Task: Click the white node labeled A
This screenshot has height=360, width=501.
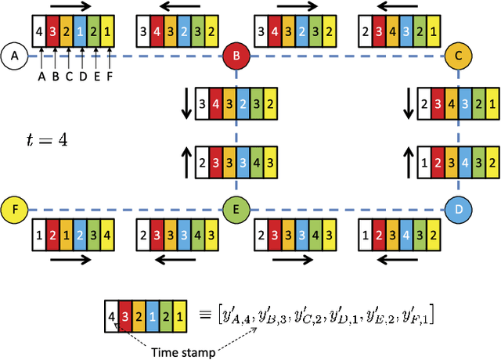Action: pyautogui.click(x=13, y=56)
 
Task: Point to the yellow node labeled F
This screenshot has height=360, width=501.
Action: pyautogui.click(x=13, y=209)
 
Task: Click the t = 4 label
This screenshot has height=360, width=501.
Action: pyautogui.click(x=46, y=140)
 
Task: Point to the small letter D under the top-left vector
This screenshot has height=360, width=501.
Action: pyautogui.click(x=81, y=77)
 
